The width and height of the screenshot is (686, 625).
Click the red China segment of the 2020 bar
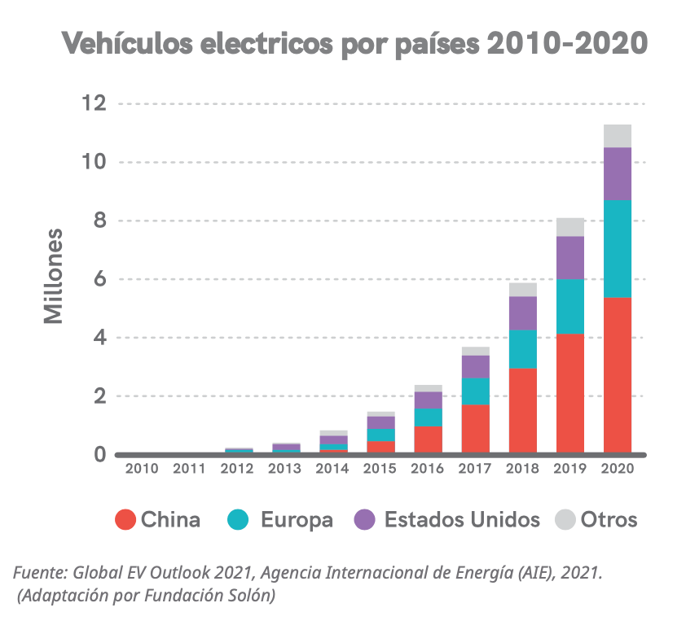(618, 374)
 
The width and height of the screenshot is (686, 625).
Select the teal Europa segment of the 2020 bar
(618, 248)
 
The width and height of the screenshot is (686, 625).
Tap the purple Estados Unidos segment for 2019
(570, 257)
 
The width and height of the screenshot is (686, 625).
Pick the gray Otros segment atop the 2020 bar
(618, 136)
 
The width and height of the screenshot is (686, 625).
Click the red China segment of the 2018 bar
(523, 410)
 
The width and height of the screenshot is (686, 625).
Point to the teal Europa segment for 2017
(476, 391)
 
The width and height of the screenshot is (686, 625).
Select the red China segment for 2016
(429, 439)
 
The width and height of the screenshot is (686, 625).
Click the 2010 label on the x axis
(141, 469)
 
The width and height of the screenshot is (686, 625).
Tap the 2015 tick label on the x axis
(380, 469)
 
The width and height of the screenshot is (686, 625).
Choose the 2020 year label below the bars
(618, 469)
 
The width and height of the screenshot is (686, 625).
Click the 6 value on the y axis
(99, 279)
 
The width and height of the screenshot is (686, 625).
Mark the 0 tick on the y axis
(99, 454)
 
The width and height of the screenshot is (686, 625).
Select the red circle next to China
(125, 520)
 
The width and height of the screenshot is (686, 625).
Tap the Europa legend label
(297, 520)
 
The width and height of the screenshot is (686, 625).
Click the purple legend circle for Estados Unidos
(366, 520)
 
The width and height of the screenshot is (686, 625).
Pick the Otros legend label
(609, 520)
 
